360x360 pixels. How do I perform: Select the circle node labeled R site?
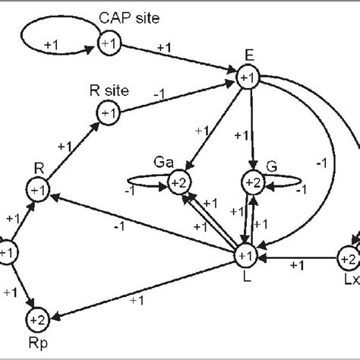tap(106, 113)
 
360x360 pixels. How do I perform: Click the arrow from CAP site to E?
tap(175, 60)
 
